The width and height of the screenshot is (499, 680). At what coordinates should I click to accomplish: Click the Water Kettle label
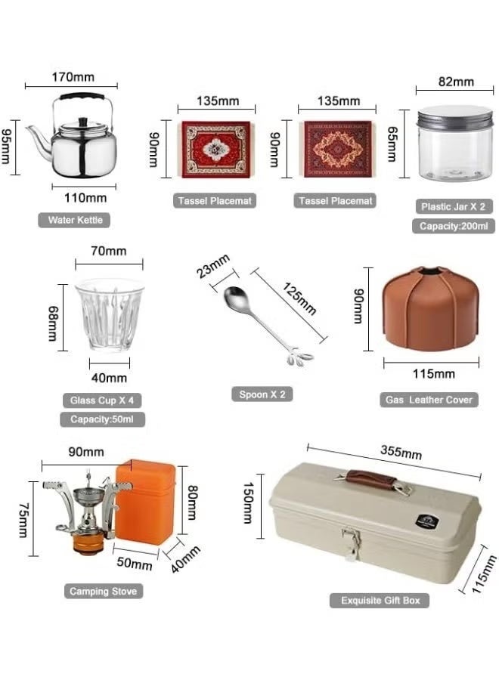pos(74,221)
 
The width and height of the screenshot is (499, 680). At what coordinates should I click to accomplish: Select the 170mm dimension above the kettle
pos(73,76)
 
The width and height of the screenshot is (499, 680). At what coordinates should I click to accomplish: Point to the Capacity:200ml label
pos(454,225)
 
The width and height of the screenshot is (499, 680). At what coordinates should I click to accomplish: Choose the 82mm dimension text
pos(455,82)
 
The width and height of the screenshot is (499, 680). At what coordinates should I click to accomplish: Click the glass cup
pos(110,315)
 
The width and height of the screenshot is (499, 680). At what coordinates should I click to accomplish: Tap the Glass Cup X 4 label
pos(101,400)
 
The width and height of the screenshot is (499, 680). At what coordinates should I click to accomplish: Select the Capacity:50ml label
pos(101,419)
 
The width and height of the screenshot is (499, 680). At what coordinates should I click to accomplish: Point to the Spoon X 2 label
pos(262,394)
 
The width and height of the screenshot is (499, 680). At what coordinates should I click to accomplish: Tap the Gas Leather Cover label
pos(429,400)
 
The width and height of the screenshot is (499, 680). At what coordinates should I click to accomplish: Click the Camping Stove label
pos(104,591)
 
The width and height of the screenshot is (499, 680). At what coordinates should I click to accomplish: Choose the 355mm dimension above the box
pos(401,453)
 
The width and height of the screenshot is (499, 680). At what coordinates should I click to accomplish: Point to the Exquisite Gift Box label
pos(380,601)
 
